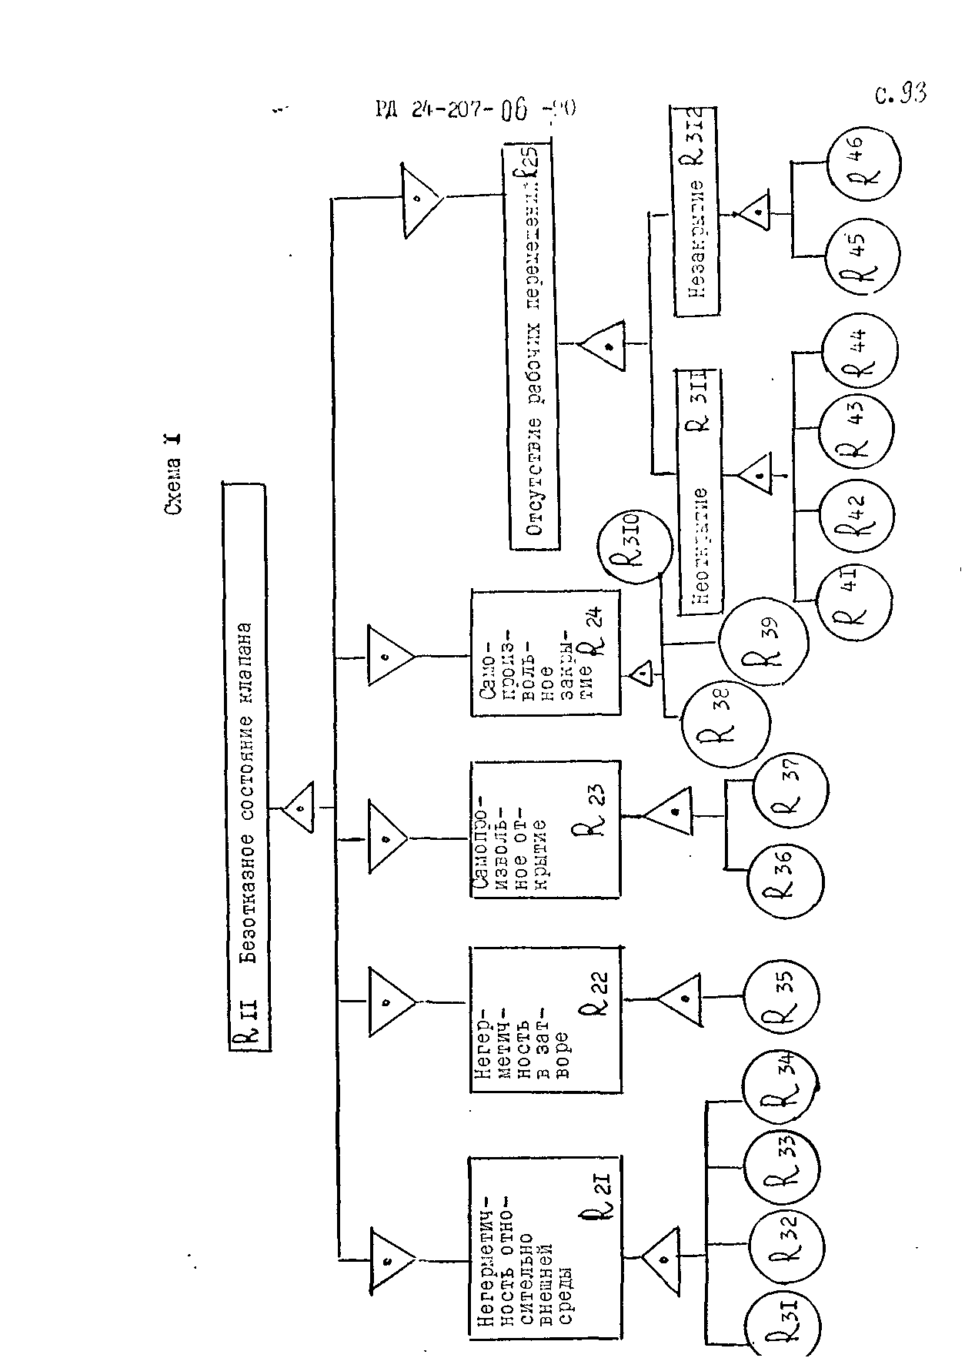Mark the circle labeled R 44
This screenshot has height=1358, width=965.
click(858, 353)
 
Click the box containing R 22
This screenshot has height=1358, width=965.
click(545, 1018)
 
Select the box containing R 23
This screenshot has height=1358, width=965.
click(545, 829)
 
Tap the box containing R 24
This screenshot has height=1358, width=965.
click(545, 653)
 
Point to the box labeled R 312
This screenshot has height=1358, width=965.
click(696, 209)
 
